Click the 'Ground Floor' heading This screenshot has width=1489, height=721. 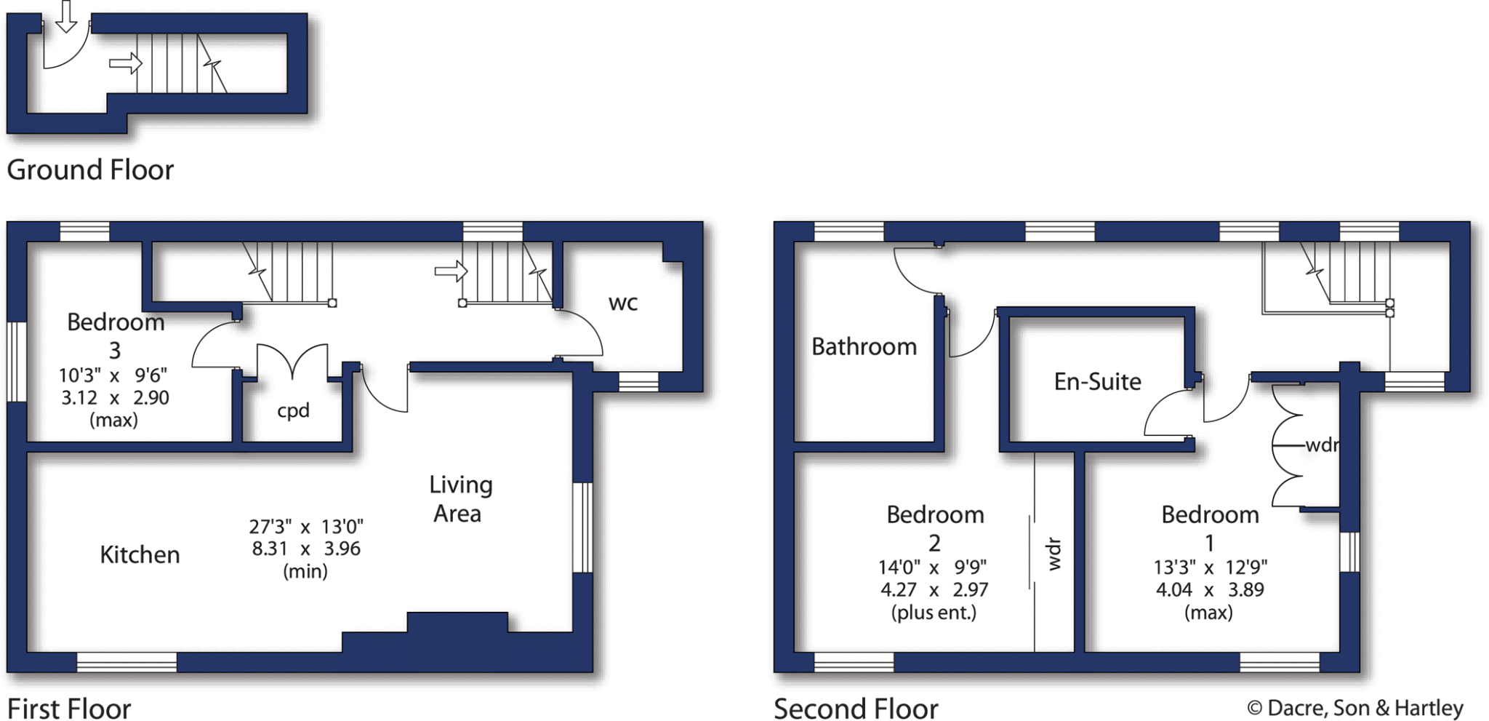90,170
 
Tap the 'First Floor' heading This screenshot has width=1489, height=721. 69,708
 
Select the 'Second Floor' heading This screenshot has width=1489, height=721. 856,708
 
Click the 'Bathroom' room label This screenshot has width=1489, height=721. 864,346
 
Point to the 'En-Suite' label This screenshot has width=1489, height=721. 1097,381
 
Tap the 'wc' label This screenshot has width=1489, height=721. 623,303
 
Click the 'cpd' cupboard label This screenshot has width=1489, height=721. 293,410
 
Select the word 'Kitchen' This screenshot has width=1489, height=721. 140,554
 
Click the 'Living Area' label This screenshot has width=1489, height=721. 459,499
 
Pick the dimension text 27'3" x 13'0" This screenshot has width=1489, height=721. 306,526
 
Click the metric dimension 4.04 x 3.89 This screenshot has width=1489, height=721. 1210,589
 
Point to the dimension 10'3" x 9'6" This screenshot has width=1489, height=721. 113,375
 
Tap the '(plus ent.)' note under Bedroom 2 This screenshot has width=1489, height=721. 934,613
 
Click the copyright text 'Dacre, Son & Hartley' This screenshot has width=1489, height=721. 1364,708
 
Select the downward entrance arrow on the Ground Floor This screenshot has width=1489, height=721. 66,16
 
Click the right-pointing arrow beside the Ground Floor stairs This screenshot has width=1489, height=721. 125,63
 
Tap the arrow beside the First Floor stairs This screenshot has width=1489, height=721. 451,271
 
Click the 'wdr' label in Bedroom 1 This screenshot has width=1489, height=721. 1322,445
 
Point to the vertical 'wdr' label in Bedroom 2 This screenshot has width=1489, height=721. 1053,554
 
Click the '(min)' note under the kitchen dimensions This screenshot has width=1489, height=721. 305,571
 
